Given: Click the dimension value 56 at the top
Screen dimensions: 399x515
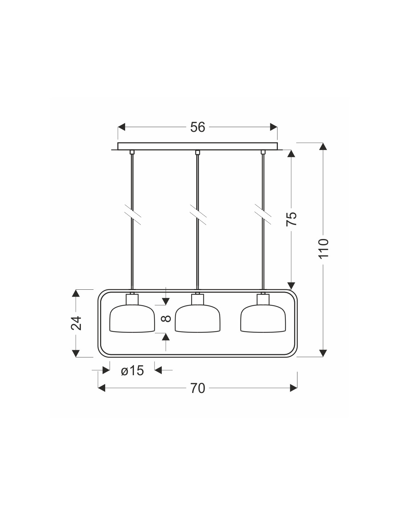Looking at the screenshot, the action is point(197,127).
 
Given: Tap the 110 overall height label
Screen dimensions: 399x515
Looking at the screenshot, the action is point(324,248).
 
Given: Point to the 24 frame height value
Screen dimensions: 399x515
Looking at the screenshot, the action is point(76,323).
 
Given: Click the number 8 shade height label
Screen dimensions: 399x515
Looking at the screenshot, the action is point(166,319).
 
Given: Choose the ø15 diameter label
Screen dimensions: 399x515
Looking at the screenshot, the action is point(132,370).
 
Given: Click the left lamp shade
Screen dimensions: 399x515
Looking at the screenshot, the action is point(132,319).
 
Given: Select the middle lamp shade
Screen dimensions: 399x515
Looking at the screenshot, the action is point(197,319).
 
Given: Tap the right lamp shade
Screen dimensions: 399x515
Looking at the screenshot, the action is point(263,319).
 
